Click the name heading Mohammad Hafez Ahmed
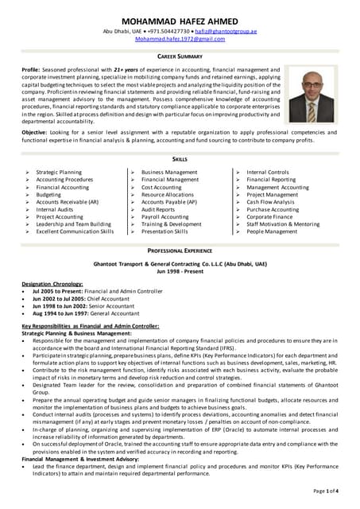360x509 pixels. tap(180, 21)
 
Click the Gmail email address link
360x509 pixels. tap(180, 38)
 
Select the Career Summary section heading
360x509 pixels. tap(180, 57)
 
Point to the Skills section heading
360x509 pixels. tap(180, 160)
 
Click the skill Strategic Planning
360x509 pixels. tap(59, 172)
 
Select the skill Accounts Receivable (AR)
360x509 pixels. tap(68, 202)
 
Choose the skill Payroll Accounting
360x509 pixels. tap(165, 217)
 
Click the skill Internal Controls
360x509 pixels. tap(268, 172)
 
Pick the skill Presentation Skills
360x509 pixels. tap(165, 231)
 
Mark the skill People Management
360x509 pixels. tap(272, 231)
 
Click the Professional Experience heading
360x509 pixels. tap(180, 251)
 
